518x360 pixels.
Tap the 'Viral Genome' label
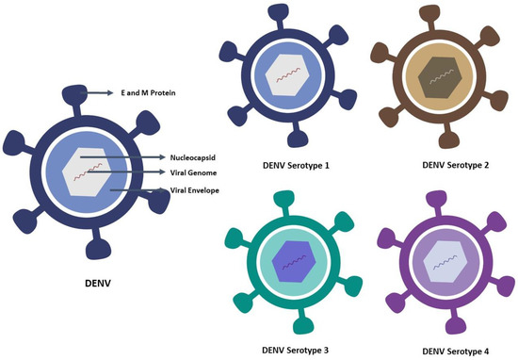pyautogui.click(x=194, y=172)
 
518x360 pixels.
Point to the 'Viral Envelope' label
pyautogui.click(x=196, y=189)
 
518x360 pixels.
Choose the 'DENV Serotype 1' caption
pyautogui.click(x=294, y=165)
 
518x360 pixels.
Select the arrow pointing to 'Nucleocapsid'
pyautogui.click(x=121, y=156)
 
